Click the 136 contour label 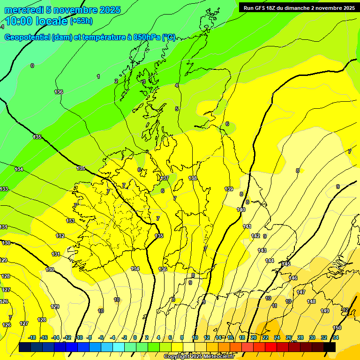pyautogui.click(x=59, y=92)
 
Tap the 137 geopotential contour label pyautogui.click(x=164, y=178)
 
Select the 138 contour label pyautogui.click(x=193, y=178)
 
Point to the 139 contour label pyautogui.click(x=229, y=189)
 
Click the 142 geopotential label pyautogui.click(x=255, y=236)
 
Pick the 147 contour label pyautogui.click(x=301, y=292)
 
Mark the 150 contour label pyautogui.click(x=337, y=328)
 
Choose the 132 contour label pyautogui.click(x=60, y=236)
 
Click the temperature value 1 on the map pyautogui.click(x=98, y=76)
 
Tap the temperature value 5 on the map pyautogui.click(x=177, y=109)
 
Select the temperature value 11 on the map pyautogui.click(x=275, y=306)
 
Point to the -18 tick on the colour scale pyautogui.click(x=32, y=337)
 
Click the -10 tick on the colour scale pyautogui.click(x=79, y=337)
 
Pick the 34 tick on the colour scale pyautogui.click(x=336, y=337)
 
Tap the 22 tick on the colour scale pyautogui.click(x=265, y=337)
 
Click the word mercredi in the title pyautogui.click(x=24, y=10)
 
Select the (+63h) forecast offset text pyautogui.click(x=81, y=21)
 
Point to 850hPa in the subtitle pyautogui.click(x=144, y=37)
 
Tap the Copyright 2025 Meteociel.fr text pyautogui.click(x=199, y=356)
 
